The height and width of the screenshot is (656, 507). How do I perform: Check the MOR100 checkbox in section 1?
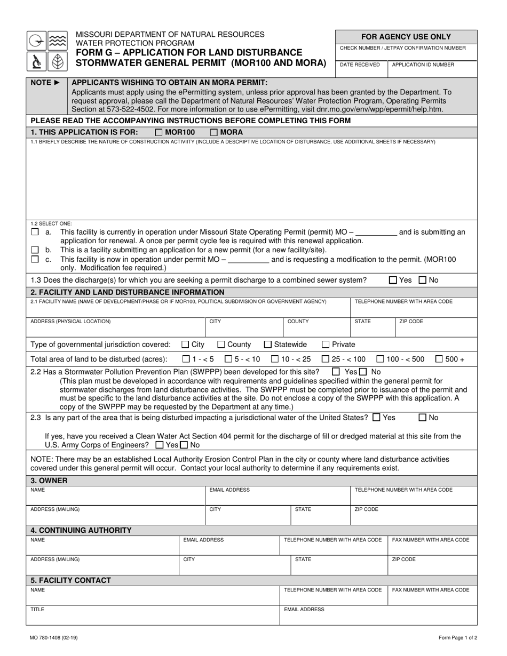point(159,132)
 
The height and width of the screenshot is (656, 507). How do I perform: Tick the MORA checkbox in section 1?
point(214,132)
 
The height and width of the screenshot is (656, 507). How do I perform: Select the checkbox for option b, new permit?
point(35,250)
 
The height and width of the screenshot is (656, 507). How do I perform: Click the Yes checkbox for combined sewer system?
point(393,280)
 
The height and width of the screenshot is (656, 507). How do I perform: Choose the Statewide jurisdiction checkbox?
point(268,345)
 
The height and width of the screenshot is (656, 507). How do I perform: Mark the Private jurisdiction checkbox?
point(326,345)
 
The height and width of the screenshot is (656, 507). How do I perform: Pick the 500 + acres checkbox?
point(439,359)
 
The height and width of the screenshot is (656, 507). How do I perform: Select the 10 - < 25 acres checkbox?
point(275,359)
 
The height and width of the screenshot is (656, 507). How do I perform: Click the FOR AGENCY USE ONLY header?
point(406,37)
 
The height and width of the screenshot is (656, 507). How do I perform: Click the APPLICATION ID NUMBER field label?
point(423,65)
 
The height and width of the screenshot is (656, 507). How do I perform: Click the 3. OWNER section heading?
point(49,481)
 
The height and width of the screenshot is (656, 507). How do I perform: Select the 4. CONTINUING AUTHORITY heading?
point(81,530)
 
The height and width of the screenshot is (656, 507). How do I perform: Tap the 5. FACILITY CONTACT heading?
point(71,580)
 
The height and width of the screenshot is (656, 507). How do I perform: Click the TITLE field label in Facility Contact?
point(37,609)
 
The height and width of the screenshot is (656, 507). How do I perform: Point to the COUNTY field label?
point(298,322)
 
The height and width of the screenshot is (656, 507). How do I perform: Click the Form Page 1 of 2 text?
point(458,637)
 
